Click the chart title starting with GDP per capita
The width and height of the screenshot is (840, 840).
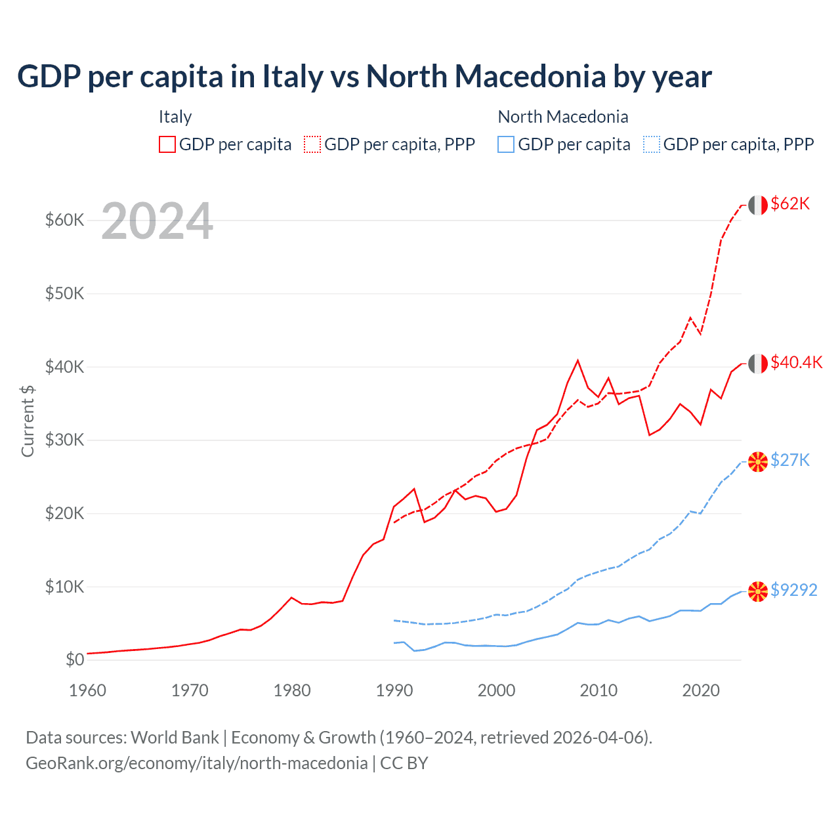364,76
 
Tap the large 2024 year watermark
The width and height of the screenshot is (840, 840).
157,221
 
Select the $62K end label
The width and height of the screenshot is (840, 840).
790,203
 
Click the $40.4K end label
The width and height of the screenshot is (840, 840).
796,362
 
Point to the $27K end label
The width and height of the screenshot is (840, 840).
790,460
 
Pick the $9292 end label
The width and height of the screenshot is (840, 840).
793,590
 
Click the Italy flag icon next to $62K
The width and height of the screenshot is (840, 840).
758,205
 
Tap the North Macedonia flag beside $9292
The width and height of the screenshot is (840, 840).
758,591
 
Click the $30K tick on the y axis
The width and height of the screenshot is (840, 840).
64,440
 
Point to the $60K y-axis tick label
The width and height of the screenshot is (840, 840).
64,220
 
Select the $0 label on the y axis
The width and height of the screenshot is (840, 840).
74,660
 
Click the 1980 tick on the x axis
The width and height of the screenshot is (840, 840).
292,690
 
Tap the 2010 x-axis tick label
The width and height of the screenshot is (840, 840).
598,690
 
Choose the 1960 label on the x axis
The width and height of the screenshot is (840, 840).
87,690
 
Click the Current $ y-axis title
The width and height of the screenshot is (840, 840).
28,421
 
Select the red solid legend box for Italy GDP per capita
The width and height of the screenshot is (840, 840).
167,144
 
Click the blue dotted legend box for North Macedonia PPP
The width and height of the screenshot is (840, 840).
652,144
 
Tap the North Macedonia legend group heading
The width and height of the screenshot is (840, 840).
563,117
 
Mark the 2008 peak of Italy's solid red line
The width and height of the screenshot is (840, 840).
577,360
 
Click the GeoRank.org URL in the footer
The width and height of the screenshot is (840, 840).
196,763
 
